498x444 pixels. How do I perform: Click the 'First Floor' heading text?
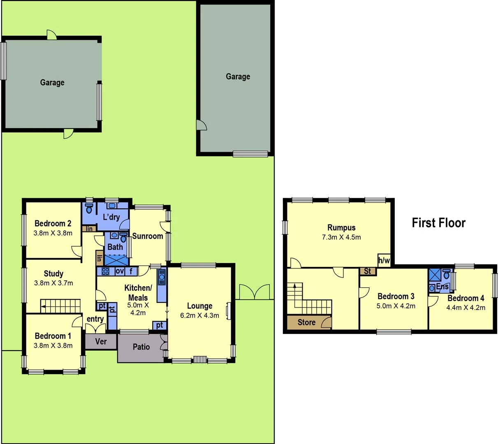point(438,223)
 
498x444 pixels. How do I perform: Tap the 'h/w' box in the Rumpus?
point(384,260)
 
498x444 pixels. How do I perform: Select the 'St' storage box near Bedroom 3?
point(367,271)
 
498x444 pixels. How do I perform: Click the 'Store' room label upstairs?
point(306,322)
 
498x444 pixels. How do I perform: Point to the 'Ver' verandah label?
point(101,341)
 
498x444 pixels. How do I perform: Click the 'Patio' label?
point(141,347)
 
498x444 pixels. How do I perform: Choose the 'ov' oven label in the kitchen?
point(120,271)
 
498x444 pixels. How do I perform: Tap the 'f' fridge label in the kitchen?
point(131,271)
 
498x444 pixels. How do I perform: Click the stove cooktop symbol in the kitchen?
point(105,271)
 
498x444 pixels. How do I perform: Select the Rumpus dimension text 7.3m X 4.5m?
point(341,237)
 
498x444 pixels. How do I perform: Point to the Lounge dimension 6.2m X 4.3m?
point(199,316)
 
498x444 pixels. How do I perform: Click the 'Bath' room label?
point(115,247)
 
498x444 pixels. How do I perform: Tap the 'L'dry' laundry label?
point(111,217)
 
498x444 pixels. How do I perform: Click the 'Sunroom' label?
point(148,236)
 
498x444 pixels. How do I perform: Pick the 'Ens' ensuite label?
point(442,287)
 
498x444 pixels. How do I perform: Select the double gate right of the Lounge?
point(255,292)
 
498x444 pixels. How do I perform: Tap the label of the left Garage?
point(52,83)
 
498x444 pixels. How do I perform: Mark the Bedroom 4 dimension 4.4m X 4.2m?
point(466,308)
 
